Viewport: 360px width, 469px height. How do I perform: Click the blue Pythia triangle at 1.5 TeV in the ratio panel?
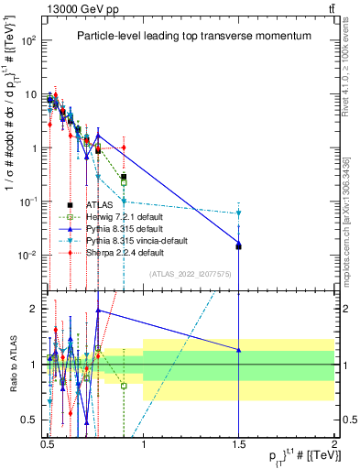tap(238, 350)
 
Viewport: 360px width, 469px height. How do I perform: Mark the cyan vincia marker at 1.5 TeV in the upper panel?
tap(238, 213)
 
